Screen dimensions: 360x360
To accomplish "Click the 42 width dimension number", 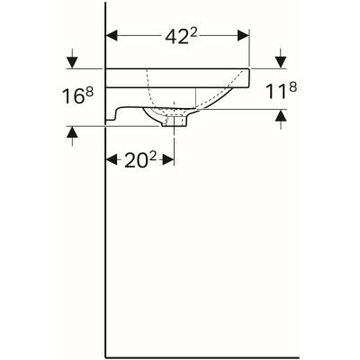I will coord(173,37).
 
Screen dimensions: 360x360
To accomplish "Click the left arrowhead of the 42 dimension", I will coord(112,37).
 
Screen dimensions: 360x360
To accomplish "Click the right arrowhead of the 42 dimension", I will coord(244,37).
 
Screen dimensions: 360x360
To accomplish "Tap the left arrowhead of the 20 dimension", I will coord(112,159).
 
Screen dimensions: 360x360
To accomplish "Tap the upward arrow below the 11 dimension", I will coord(282,114).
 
